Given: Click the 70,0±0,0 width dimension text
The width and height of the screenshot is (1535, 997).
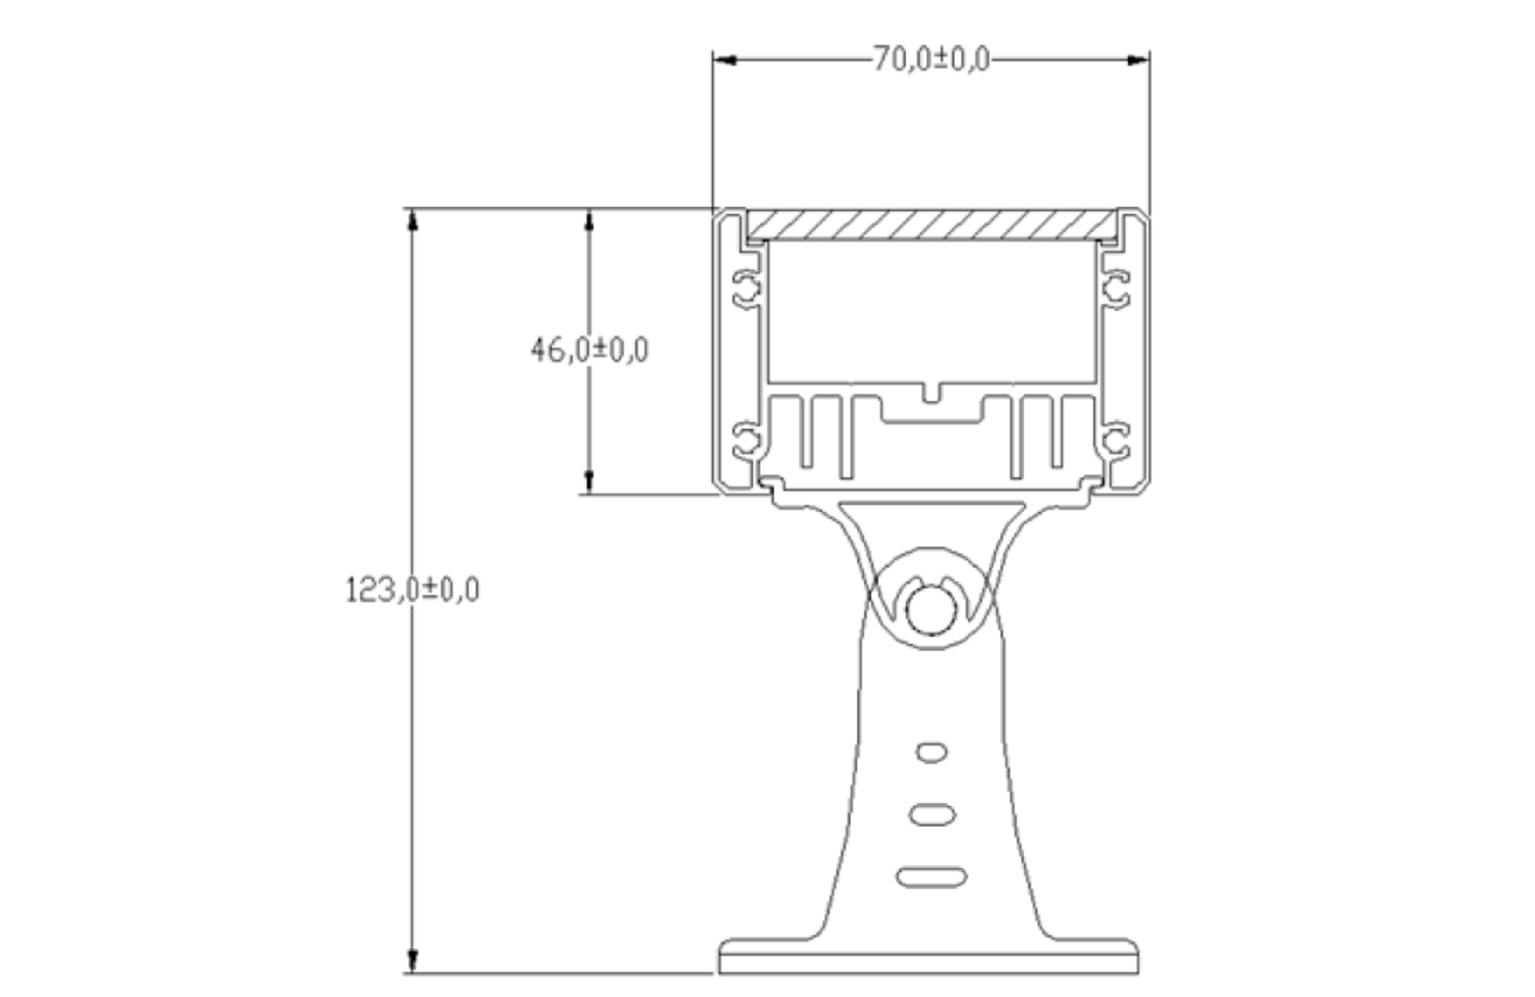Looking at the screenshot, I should coord(931,59).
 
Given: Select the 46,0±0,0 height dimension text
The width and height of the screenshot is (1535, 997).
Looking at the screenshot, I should coord(589,350).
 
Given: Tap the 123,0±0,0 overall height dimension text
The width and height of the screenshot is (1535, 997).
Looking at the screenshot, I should coord(413,590).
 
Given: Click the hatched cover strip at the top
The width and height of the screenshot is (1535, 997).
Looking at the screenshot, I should coord(931,225).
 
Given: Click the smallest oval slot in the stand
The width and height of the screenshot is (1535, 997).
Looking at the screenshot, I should coord(931,752).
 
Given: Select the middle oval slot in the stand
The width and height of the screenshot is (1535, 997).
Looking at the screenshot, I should coord(932,815).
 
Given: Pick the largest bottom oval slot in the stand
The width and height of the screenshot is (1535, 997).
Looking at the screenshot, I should coord(931,877).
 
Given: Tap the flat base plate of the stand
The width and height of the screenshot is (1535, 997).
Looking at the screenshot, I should coord(929,957).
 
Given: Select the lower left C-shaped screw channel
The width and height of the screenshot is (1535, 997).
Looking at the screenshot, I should coord(747,439).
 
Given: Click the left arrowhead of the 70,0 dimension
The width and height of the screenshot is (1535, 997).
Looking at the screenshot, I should coord(724,60).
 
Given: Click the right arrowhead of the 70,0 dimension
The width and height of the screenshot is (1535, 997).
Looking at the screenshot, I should coord(1138,60).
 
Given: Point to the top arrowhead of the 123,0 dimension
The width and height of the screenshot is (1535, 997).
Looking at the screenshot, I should coord(413,220).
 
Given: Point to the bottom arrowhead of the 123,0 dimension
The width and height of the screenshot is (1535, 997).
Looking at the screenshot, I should coord(413,961).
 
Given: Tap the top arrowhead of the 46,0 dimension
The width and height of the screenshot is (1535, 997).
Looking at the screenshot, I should coord(589,220).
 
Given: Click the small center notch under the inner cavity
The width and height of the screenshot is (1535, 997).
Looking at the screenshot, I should coord(931,393).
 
